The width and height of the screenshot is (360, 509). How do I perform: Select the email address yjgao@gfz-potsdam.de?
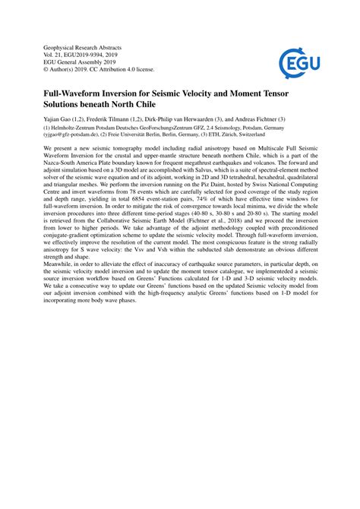click(69, 136)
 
